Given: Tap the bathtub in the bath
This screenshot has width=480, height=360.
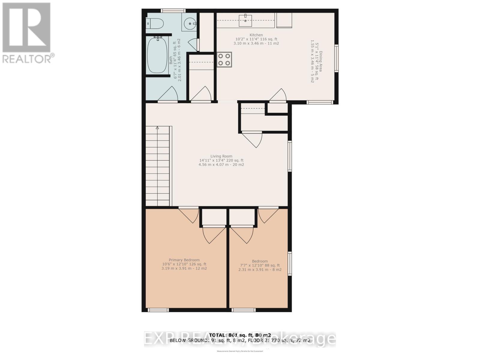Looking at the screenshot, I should (x=157, y=55).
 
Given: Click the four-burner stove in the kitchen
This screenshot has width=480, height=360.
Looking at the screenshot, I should (x=224, y=59).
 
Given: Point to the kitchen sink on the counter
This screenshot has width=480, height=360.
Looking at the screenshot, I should (x=246, y=20).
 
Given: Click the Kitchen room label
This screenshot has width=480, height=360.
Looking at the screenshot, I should (x=256, y=35).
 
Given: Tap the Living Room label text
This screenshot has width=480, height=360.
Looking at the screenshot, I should (x=221, y=156).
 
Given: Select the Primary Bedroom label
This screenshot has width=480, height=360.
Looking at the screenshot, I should (x=184, y=260).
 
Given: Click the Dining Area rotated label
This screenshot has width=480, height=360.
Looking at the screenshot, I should (x=321, y=61).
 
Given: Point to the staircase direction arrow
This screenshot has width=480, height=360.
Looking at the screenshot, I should (x=157, y=128).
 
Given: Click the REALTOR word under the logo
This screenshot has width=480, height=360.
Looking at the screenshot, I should (x=27, y=58).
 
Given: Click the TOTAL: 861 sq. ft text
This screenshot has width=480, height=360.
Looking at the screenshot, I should (x=240, y=335).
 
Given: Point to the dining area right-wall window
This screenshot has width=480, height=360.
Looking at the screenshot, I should (x=336, y=58).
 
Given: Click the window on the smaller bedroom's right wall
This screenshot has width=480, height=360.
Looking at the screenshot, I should (x=290, y=263).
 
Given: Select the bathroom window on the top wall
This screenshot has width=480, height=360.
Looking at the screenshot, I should (x=173, y=11).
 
